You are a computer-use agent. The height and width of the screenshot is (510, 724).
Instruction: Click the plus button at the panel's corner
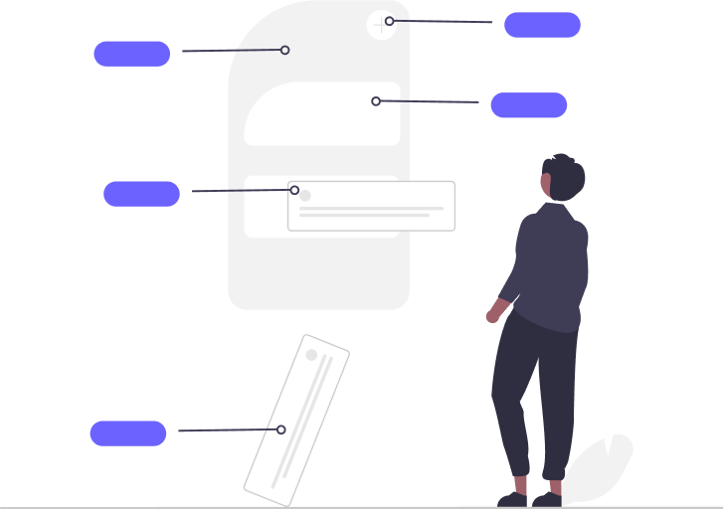pyautogui.click(x=380, y=25)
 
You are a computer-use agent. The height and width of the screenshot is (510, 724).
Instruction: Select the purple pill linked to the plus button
pyautogui.click(x=542, y=25)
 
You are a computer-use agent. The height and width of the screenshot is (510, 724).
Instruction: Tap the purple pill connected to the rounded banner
pyautogui.click(x=528, y=105)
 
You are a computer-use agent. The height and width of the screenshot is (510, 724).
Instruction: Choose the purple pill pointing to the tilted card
pyautogui.click(x=128, y=433)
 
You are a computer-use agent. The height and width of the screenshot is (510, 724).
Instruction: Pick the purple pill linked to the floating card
pyautogui.click(x=141, y=194)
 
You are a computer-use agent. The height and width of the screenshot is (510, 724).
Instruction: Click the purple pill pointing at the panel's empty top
pyautogui.click(x=131, y=54)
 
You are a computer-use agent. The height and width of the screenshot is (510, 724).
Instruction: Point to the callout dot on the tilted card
pyautogui.click(x=281, y=429)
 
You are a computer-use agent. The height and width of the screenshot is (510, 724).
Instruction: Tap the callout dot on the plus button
pyautogui.click(x=390, y=21)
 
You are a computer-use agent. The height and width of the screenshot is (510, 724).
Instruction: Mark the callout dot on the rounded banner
pyautogui.click(x=376, y=101)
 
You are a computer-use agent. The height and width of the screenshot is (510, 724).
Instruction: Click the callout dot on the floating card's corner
pyautogui.click(x=294, y=190)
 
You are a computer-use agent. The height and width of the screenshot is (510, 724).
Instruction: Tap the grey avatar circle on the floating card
pyautogui.click(x=305, y=196)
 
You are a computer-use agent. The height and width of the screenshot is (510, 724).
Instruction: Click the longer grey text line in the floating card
pyautogui.click(x=371, y=209)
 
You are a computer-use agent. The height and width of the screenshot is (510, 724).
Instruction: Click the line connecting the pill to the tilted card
pyautogui.click(x=229, y=430)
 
